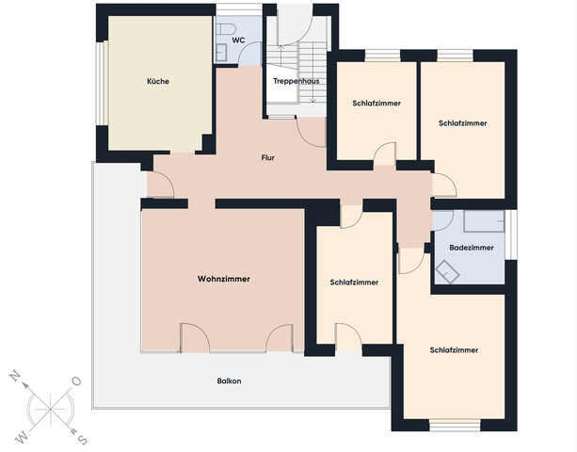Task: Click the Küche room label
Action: click(x=158, y=82)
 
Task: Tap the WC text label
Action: click(x=238, y=40)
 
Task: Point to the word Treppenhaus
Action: click(x=296, y=82)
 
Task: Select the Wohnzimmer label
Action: click(x=224, y=279)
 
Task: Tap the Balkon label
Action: click(x=229, y=380)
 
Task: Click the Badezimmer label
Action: click(x=471, y=248)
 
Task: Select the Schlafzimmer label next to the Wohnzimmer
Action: click(x=354, y=282)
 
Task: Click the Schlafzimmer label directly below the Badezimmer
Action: click(x=454, y=350)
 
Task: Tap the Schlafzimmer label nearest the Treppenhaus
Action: click(x=377, y=103)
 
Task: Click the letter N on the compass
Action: click(x=15, y=375)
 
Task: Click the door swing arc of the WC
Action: click(x=248, y=56)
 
